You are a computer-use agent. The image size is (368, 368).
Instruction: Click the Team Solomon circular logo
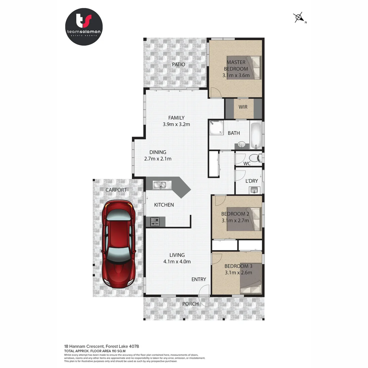(x=83, y=27)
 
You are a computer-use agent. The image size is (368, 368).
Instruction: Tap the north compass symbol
(x=299, y=17)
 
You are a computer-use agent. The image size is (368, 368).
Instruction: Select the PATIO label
(x=178, y=64)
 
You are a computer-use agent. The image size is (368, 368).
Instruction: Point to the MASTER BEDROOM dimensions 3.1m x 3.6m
(x=236, y=75)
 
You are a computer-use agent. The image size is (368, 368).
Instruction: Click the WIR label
(x=243, y=107)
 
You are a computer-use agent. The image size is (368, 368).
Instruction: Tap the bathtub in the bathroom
(x=256, y=135)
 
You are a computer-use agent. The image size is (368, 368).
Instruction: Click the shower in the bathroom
(x=216, y=127)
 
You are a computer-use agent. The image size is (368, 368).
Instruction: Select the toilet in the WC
(x=254, y=158)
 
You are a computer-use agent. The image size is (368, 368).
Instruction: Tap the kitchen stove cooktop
(x=155, y=221)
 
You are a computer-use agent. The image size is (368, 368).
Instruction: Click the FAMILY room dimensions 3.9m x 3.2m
(x=176, y=124)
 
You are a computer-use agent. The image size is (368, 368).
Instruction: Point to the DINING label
(x=157, y=152)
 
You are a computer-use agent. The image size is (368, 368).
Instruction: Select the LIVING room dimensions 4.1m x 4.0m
(x=177, y=262)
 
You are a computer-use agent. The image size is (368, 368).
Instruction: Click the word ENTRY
(x=199, y=279)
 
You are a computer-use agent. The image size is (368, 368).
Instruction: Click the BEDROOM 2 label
(x=235, y=214)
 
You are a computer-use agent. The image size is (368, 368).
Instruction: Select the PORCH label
(x=190, y=304)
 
